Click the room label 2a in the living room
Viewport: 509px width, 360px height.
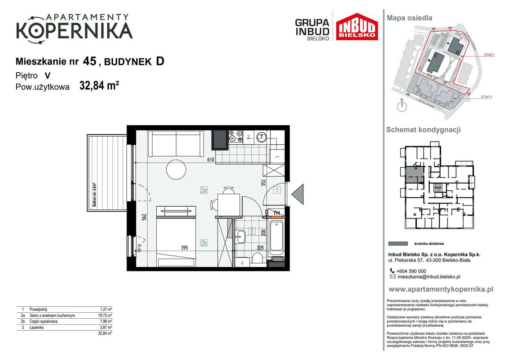point(204,190)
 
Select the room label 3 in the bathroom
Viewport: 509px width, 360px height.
point(251,231)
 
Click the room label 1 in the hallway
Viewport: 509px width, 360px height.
point(277,190)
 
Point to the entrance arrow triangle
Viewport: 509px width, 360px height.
point(298,194)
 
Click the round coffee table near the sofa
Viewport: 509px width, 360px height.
point(176,169)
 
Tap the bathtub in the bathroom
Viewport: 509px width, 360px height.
point(277,238)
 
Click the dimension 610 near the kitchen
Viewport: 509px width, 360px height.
point(210,160)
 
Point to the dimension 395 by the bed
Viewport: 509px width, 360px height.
point(184,248)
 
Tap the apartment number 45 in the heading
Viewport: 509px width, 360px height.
point(90,61)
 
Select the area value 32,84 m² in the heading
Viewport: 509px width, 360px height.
point(99,86)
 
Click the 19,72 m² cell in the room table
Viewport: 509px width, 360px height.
point(105,315)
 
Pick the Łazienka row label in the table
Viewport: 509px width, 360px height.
point(37,327)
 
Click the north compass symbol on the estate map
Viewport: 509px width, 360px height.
point(402,106)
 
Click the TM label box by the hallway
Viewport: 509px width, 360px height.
point(277,213)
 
